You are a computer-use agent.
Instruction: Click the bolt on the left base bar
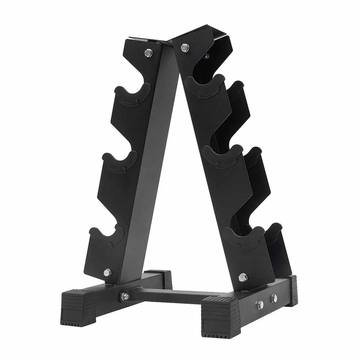pos(126,296)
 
